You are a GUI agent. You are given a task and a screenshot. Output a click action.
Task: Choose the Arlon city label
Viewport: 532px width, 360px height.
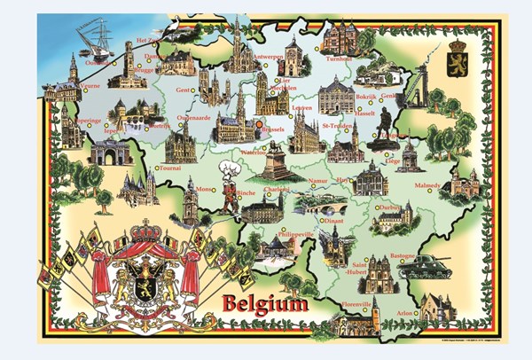(405, 312)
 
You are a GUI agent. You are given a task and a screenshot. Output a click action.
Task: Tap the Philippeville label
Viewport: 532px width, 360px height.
(298, 233)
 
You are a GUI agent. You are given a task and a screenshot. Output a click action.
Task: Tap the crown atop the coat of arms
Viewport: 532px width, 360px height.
(142, 232)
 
